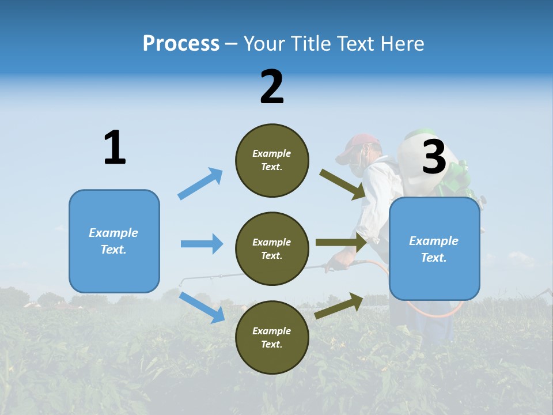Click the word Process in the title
point(181,43)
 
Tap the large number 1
point(115,148)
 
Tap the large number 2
point(272,87)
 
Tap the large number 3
point(434,157)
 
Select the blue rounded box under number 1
point(114,241)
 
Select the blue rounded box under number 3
point(434,249)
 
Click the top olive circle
point(272,160)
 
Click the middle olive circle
point(272,248)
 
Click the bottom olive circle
point(272,337)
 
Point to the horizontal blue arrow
point(202,244)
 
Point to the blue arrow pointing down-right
point(202,307)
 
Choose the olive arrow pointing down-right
point(342,184)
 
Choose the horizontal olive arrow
point(341,243)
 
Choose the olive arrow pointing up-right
point(339,305)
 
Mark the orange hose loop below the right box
point(438,312)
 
